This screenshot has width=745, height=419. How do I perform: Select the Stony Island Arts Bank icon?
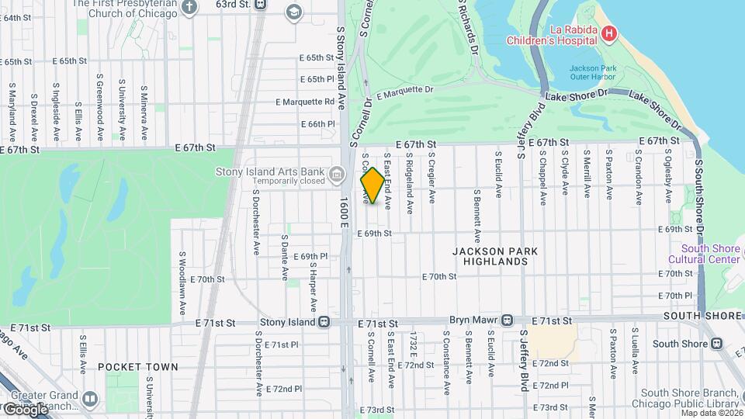337,172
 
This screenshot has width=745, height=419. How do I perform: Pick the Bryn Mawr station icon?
507,320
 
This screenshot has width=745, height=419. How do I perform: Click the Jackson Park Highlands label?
490,257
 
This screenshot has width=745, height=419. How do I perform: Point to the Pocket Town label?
137,367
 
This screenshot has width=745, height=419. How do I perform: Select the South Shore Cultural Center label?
705,255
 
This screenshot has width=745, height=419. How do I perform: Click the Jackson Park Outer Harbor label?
592,73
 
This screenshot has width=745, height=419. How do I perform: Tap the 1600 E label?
345,213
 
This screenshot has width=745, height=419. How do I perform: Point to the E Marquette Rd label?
305,102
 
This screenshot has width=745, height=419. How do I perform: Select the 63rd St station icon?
259,4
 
